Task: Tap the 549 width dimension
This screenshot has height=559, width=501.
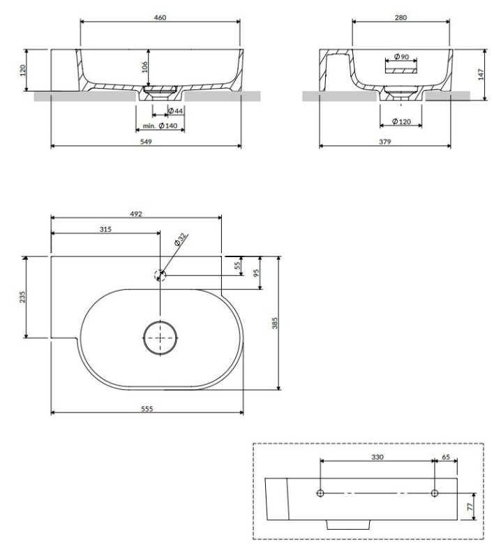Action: pos(147,141)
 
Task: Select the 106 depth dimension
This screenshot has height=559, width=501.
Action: pos(143,66)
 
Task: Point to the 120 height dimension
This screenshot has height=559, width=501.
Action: pos(22,71)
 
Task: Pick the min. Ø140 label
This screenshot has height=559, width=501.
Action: pos(161,125)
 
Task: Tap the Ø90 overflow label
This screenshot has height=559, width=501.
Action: pos(401,57)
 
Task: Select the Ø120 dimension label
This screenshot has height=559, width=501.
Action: pos(401,122)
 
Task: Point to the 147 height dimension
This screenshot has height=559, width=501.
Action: pos(480,75)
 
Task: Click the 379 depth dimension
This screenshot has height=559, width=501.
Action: pos(384,141)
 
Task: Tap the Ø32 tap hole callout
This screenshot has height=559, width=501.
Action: pos(180,240)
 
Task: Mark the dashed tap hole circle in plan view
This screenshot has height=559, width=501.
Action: pos(160,275)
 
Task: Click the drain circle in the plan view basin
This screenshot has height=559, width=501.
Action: pos(161,338)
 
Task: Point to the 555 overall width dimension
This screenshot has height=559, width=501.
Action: pos(147,408)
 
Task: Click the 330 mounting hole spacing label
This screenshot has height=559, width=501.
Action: pos(377,455)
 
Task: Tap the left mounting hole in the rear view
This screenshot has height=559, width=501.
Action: pos(320,493)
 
